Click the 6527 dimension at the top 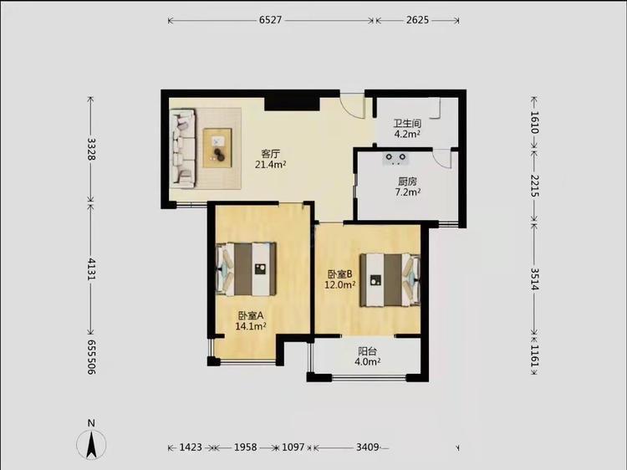[270, 20]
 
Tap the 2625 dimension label [417, 20]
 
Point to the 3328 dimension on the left [91, 149]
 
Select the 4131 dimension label [91, 268]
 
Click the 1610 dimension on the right [535, 122]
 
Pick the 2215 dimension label [535, 186]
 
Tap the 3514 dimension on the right [535, 278]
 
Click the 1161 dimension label [535, 355]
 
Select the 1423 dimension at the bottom [191, 447]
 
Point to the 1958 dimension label [246, 447]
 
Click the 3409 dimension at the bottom [368, 447]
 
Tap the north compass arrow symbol [91, 445]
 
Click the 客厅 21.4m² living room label [271, 159]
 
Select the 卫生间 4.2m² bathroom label [407, 129]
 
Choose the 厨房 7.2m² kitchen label [407, 186]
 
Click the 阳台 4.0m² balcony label [368, 357]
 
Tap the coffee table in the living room [217, 147]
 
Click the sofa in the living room [183, 148]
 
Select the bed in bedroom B [390, 280]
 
